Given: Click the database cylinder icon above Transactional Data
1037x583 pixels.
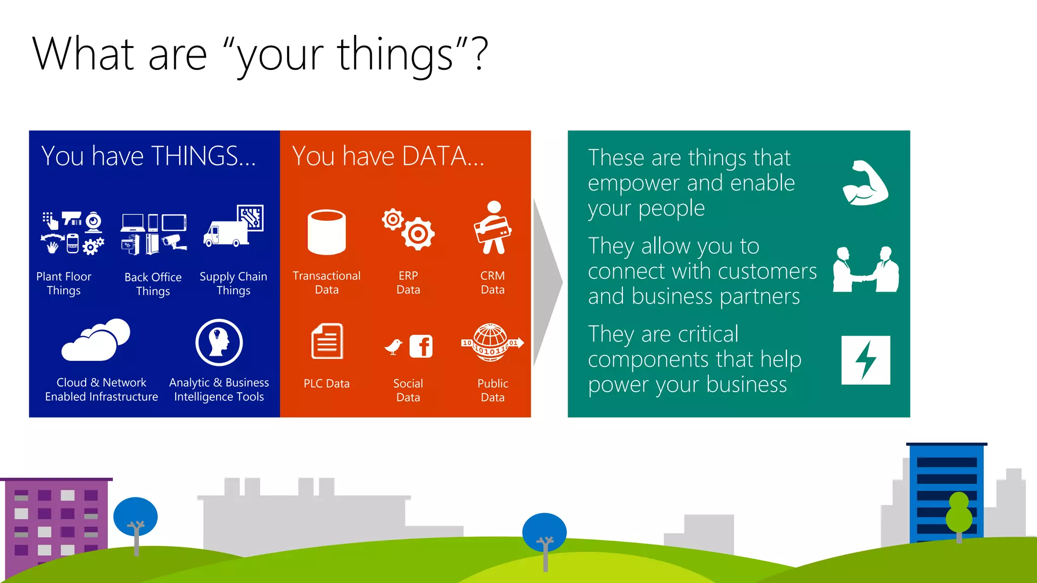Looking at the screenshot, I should pos(327,232).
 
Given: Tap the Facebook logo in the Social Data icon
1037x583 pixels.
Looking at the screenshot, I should pos(421,347).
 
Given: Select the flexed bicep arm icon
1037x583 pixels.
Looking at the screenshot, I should pos(865,183).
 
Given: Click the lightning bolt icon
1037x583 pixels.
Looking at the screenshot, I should pos(866,360).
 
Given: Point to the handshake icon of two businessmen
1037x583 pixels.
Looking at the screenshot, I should pos(866,270).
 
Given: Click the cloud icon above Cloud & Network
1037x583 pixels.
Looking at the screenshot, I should pos(96,340).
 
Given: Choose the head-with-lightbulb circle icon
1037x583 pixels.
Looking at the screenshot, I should pos(219,343).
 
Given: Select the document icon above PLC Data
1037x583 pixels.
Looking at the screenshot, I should pos(327,342).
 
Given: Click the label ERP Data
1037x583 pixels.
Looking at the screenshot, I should pos(408,282).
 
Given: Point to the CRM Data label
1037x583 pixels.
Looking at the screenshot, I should pos(492,282).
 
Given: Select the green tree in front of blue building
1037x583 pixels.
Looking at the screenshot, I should pos(959,514).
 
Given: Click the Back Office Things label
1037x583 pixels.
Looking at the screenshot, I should pos(153,284).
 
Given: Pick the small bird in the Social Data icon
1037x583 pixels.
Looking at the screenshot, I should pos(393,347).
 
